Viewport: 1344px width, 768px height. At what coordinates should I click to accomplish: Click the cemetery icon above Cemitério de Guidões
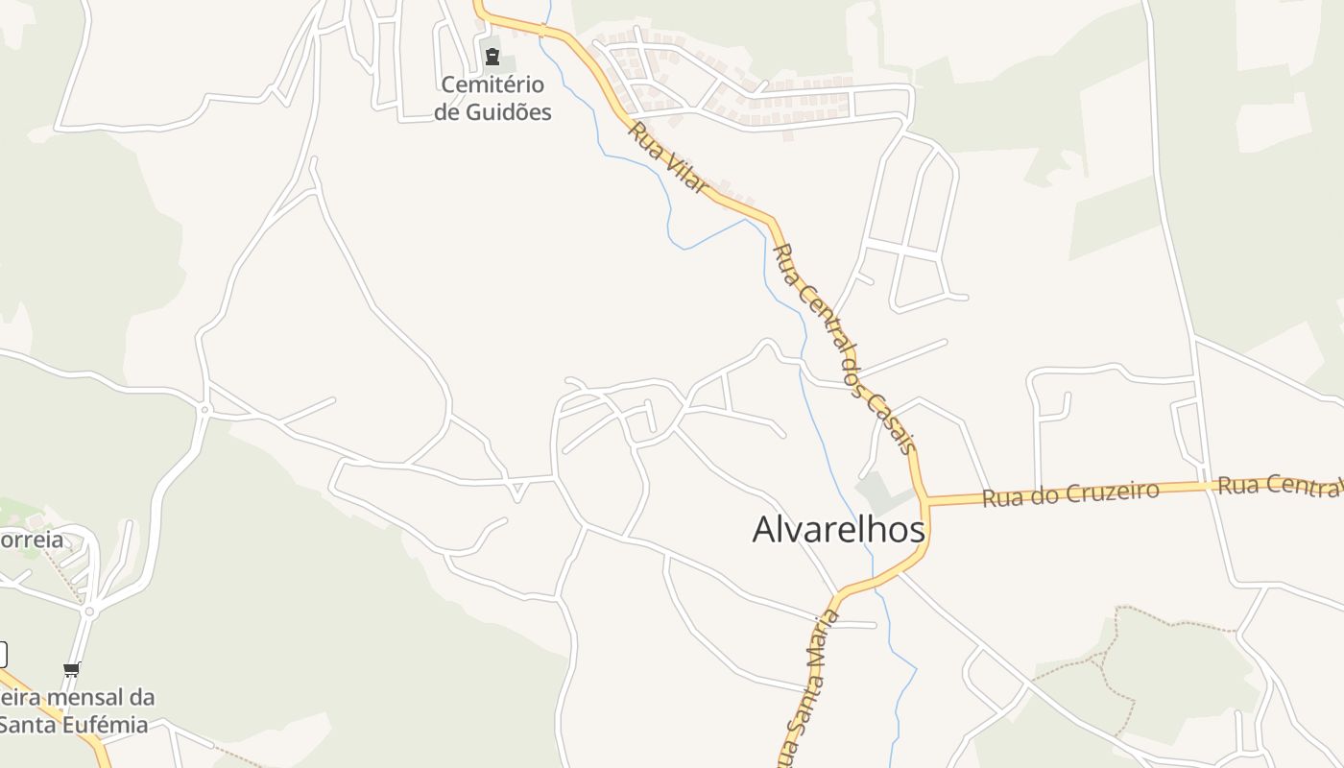(x=492, y=57)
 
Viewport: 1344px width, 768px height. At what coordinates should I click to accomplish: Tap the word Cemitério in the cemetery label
(x=492, y=85)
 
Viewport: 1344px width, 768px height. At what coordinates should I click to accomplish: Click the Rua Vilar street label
(x=668, y=156)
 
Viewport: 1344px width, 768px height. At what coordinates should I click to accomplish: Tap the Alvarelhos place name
(x=838, y=529)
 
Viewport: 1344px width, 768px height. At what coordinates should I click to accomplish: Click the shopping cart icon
(x=71, y=669)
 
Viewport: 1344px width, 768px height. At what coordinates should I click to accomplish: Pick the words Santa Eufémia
(x=74, y=725)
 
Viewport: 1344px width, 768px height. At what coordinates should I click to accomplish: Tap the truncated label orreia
(x=32, y=540)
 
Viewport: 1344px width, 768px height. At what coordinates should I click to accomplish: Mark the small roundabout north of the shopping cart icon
(x=89, y=612)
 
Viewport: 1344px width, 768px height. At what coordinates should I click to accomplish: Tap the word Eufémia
(x=110, y=725)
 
